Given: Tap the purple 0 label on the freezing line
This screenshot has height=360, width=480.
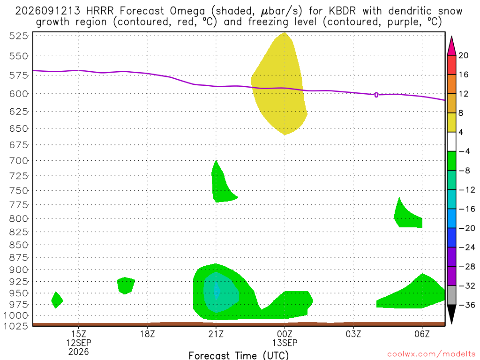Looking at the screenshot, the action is [376, 95].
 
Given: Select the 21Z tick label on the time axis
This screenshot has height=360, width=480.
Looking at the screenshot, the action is [216, 334].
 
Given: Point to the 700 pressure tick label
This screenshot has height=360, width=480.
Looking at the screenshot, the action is [19, 160].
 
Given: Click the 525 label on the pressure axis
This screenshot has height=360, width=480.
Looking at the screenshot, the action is [19, 36].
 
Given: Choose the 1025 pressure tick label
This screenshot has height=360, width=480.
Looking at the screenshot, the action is [16, 326].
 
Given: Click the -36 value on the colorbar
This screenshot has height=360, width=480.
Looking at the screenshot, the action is [467, 305].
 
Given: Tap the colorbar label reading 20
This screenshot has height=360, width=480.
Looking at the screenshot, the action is [464, 55].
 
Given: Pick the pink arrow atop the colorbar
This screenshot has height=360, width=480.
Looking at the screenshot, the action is [451, 45].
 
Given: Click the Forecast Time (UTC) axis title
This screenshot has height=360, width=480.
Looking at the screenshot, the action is [239, 355].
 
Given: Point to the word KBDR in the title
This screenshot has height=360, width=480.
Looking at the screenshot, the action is [342, 11].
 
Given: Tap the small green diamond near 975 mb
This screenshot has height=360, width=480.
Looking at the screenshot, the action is [57, 300].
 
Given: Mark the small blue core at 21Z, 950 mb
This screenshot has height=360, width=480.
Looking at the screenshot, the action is [217, 291].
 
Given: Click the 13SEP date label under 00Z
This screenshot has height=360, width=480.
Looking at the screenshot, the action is [285, 343].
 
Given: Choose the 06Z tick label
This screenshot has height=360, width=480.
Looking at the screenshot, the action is [422, 334].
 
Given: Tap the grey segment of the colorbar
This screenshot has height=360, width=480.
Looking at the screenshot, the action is [451, 295].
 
